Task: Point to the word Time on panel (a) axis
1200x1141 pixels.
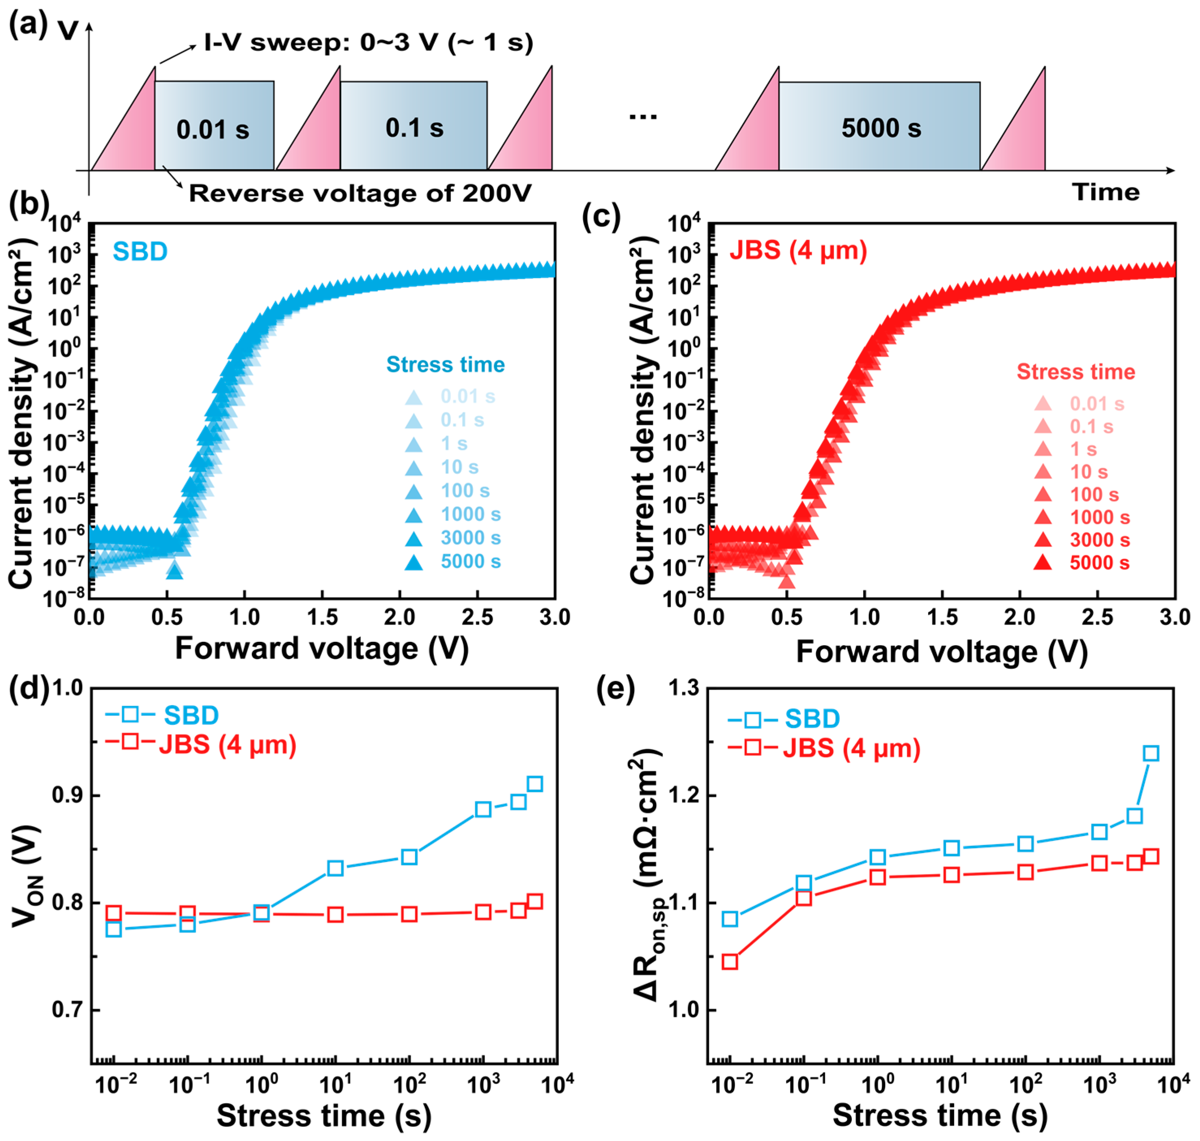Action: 1106,192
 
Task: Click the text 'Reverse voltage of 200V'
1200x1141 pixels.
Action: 360,194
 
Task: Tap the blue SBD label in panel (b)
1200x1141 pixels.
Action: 140,251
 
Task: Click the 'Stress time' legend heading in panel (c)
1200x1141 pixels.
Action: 1075,372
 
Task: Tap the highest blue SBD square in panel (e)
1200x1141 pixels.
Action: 1151,753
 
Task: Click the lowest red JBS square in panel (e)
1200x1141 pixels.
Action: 730,962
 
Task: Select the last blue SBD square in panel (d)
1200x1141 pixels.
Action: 534,784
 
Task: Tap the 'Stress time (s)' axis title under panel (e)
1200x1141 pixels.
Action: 940,1115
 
